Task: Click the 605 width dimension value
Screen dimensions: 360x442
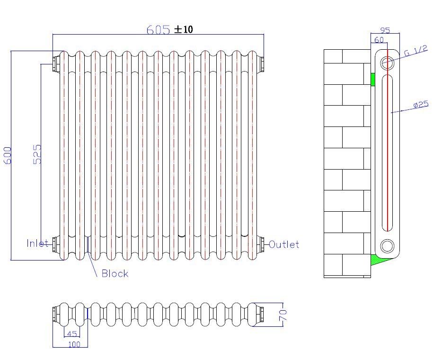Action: (158, 29)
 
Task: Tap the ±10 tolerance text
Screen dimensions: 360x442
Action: (184, 29)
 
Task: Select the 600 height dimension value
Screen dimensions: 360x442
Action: (8, 155)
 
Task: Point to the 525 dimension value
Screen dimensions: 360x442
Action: (38, 154)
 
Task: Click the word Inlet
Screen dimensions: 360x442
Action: (37, 243)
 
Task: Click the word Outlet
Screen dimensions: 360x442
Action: (284, 244)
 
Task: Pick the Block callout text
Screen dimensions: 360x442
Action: (115, 273)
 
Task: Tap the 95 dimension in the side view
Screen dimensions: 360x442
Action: (385, 30)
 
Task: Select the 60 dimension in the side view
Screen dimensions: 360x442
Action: (379, 40)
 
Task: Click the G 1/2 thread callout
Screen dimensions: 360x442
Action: (416, 51)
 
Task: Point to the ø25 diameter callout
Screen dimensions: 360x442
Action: (420, 104)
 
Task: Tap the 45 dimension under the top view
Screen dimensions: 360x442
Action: (72, 334)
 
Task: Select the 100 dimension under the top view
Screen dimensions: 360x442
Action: (74, 344)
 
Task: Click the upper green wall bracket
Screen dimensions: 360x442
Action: (372, 79)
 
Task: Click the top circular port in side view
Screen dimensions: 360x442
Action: (387, 62)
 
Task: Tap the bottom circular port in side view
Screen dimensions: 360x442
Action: (387, 246)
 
